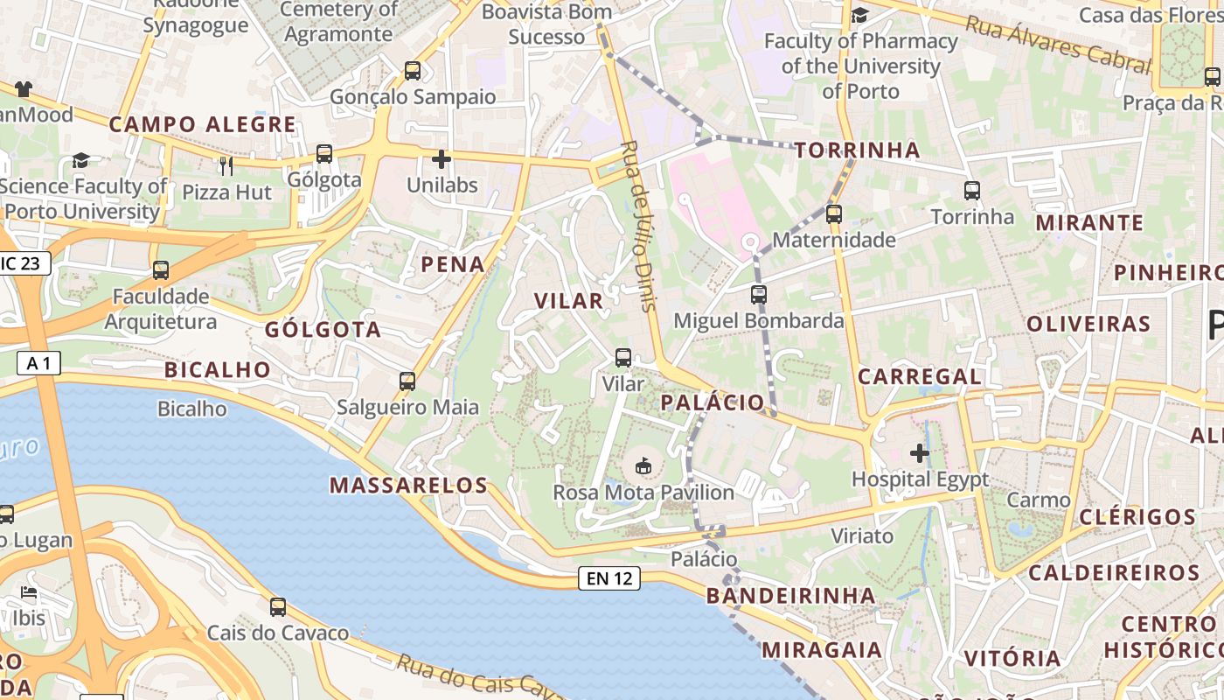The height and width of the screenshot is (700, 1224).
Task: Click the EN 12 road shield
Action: (x=609, y=578)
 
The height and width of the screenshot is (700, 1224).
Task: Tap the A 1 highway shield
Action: (x=39, y=362)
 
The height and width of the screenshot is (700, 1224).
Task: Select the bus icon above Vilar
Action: (x=623, y=357)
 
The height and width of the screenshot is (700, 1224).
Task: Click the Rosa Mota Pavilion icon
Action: (x=644, y=465)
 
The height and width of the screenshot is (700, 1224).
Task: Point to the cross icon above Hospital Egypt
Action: (x=920, y=453)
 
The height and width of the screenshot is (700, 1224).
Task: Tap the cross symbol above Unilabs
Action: (x=442, y=159)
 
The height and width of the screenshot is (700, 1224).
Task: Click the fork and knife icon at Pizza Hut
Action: (x=227, y=165)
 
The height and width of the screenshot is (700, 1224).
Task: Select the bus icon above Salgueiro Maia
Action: (x=407, y=381)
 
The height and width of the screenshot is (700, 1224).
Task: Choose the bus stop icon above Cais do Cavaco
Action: (x=278, y=606)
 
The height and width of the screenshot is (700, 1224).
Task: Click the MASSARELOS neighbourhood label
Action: (x=408, y=486)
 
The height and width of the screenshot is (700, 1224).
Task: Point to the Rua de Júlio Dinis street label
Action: (x=637, y=225)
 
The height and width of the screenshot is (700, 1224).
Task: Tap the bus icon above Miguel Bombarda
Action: (x=759, y=295)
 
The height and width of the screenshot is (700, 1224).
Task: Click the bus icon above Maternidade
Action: (x=834, y=213)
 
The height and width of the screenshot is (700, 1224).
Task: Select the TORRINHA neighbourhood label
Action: (x=858, y=150)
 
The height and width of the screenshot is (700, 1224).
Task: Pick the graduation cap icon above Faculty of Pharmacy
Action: (x=860, y=15)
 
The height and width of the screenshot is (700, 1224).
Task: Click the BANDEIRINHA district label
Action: (x=790, y=596)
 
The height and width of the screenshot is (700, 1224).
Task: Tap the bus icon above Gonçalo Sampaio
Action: (x=413, y=71)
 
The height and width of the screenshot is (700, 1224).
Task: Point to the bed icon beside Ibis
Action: (x=29, y=592)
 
